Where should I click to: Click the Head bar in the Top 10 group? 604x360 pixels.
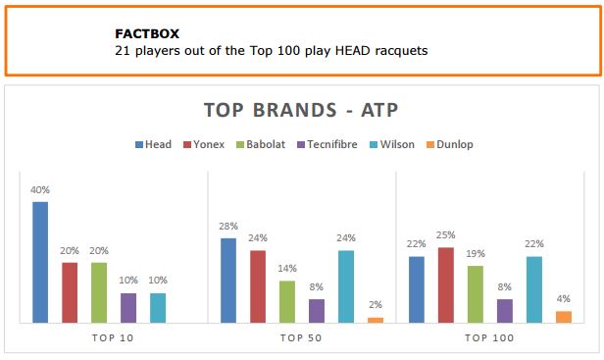click(x=40, y=262)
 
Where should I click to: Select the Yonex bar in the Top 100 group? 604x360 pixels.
click(x=446, y=285)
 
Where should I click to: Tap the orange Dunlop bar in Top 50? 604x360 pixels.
click(x=376, y=321)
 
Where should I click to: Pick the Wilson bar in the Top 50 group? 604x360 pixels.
click(x=346, y=286)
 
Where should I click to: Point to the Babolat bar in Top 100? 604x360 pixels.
click(x=476, y=294)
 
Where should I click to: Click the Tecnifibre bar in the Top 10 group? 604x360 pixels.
click(x=128, y=308)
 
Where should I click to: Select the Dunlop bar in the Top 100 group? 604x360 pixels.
click(x=564, y=317)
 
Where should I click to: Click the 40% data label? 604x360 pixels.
click(x=40, y=189)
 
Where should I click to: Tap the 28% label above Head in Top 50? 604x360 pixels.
click(x=228, y=226)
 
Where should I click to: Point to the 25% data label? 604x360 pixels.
click(x=446, y=234)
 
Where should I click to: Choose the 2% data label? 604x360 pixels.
click(x=376, y=304)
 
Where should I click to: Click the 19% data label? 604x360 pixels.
click(x=476, y=254)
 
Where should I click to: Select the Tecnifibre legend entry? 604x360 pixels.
click(x=327, y=144)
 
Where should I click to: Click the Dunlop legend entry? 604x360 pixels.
click(x=450, y=144)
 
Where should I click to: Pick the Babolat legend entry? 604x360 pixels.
click(x=261, y=144)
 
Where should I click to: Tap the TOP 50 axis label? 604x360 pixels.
click(x=301, y=338)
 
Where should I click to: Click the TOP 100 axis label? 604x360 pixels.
click(x=489, y=338)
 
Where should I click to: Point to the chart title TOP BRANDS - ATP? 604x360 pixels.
click(x=301, y=110)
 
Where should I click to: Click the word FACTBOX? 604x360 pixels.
click(x=147, y=34)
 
